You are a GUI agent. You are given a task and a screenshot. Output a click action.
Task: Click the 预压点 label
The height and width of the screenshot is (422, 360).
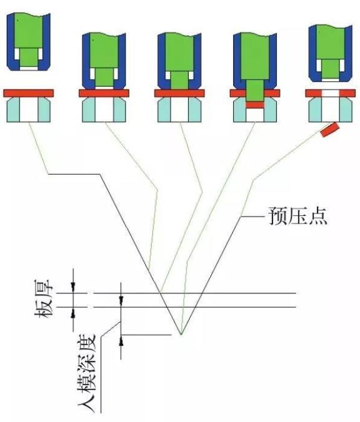[x=297, y=216]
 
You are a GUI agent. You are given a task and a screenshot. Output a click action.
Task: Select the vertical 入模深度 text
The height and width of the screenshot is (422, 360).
[x=87, y=373]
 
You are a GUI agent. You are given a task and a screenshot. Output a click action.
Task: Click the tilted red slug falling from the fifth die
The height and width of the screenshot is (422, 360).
[x=329, y=129]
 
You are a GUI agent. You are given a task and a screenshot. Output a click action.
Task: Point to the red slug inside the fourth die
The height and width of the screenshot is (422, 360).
[x=254, y=105]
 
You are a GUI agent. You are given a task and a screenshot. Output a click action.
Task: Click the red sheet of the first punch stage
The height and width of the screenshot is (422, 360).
[x=29, y=93]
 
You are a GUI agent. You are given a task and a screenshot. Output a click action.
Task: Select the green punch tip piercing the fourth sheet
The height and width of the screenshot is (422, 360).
[x=254, y=90]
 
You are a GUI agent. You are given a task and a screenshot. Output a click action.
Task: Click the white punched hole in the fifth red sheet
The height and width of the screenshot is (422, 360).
[x=331, y=94]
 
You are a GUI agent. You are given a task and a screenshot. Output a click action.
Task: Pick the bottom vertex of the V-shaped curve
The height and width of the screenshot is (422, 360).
[x=181, y=335]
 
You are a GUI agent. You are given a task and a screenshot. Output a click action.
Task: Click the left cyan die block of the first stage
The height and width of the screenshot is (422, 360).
[x=13, y=109]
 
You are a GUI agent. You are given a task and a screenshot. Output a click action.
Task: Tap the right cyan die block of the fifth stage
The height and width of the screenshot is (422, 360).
[x=346, y=109]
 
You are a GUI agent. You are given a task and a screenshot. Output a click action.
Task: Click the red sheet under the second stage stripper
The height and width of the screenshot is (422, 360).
[x=104, y=93]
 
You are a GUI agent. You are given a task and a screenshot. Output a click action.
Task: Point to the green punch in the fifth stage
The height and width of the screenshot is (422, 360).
[x=331, y=51]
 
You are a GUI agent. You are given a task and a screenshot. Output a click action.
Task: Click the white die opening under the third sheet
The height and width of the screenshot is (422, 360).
[x=179, y=109]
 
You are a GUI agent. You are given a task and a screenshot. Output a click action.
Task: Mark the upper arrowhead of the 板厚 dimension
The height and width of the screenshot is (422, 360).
[x=73, y=288]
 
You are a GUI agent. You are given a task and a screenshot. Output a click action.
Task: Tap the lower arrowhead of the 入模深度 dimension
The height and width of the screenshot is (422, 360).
[x=121, y=340]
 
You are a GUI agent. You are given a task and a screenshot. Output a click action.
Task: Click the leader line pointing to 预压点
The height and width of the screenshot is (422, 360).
[x=252, y=216]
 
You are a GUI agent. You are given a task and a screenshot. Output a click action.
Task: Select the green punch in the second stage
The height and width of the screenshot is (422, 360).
[x=104, y=59]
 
